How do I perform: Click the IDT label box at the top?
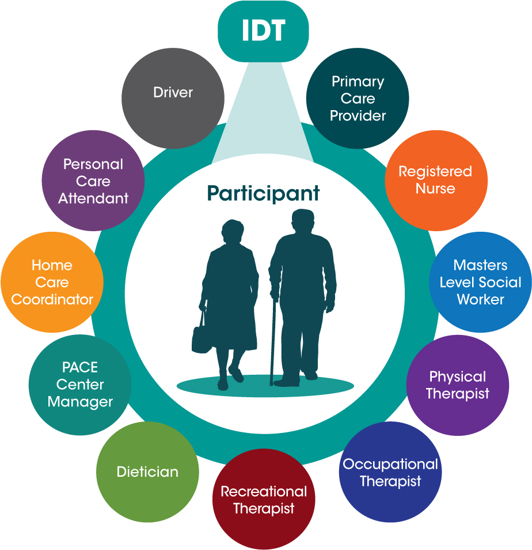coord(264,32)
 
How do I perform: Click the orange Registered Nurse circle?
coord(436,179)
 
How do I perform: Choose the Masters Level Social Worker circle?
coord(480,282)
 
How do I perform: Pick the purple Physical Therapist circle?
coord(458,385)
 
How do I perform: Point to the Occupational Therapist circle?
coord(390,472)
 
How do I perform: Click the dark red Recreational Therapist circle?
coord(264,499)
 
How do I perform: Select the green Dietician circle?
coord(147,472)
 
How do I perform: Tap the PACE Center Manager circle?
coord(80,385)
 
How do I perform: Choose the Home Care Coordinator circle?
coord(52,282)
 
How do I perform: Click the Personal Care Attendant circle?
coord(93,181)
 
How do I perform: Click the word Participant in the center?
coord(264,193)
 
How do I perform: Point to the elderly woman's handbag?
coord(202,339)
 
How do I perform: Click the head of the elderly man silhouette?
coord(302,221)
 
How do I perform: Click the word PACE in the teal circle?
coord(80,368)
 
